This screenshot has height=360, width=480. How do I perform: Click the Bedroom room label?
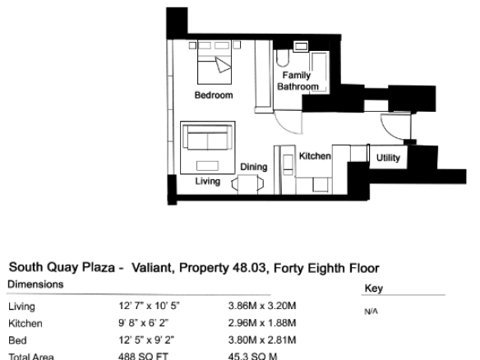click(214, 95)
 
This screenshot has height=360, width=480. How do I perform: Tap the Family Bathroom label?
click(298, 81)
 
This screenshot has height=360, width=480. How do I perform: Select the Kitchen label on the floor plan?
click(315, 156)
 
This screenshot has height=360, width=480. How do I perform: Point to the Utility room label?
click(388, 158)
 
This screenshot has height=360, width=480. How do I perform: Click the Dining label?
click(254, 167)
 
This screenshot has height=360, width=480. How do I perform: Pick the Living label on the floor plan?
click(208, 181)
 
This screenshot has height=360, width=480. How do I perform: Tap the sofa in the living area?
click(208, 137)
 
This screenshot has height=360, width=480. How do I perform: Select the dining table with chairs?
click(247, 184)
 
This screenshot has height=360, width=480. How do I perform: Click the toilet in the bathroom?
click(283, 58)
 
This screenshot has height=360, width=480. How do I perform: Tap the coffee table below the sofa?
click(207, 165)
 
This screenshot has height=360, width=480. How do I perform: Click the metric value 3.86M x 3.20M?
click(262, 306)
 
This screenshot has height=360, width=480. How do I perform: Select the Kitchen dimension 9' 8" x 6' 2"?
click(144, 323)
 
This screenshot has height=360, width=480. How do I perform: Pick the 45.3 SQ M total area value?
click(252, 357)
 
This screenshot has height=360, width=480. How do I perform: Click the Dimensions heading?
click(35, 284)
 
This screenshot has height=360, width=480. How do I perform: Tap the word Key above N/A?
click(374, 288)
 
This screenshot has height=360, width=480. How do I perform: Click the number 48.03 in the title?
click(249, 268)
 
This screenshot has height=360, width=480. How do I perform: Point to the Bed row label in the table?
click(17, 340)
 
